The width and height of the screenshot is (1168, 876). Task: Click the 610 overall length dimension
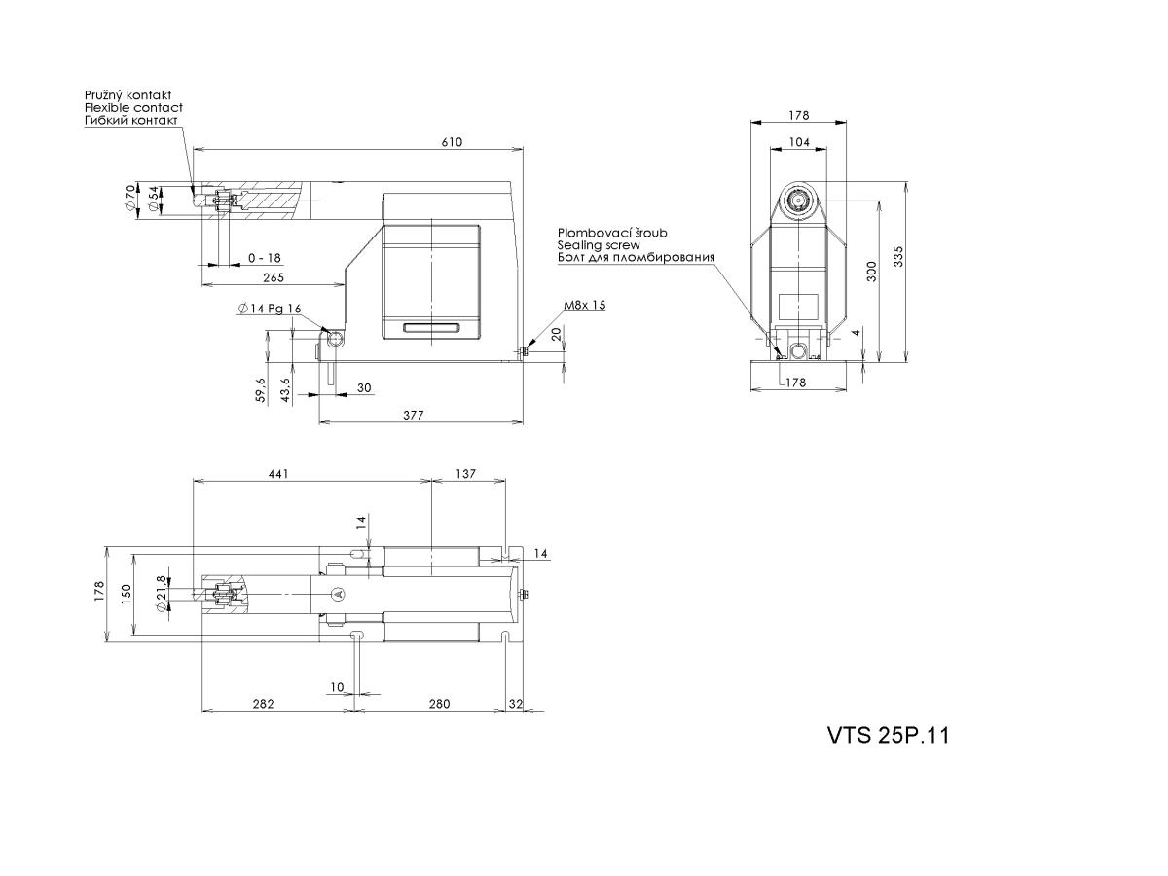[452, 142]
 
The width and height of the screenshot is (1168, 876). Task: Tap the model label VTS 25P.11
[888, 736]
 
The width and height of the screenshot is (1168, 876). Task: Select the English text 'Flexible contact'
[133, 107]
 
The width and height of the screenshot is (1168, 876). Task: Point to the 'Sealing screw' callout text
[599, 245]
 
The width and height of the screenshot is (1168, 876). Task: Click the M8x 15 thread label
[585, 305]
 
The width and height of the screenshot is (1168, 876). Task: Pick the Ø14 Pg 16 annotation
[270, 309]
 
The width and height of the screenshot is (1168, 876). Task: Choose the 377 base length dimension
[414, 415]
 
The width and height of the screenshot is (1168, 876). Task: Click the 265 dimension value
[274, 277]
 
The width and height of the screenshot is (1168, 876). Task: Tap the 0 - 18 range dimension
[265, 258]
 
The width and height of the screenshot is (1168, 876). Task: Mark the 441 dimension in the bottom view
[278, 473]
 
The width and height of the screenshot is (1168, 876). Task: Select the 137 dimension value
[465, 473]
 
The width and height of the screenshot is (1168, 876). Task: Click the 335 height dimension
[898, 256]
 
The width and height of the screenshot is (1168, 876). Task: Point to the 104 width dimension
[799, 142]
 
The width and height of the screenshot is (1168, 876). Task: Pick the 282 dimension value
[263, 704]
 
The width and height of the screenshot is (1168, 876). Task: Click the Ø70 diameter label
[130, 199]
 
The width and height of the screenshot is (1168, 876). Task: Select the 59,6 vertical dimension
[260, 390]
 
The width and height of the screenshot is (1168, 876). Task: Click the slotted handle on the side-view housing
[431, 328]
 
